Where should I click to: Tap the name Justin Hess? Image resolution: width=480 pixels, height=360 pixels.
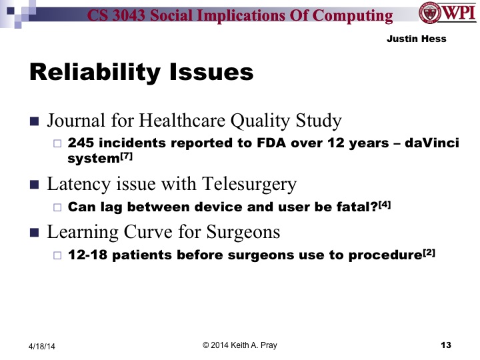pyautogui.click(x=416, y=39)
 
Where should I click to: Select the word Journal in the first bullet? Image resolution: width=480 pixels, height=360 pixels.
pyautogui.click(x=71, y=121)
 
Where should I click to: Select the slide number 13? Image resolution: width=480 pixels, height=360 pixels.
pyautogui.click(x=446, y=345)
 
